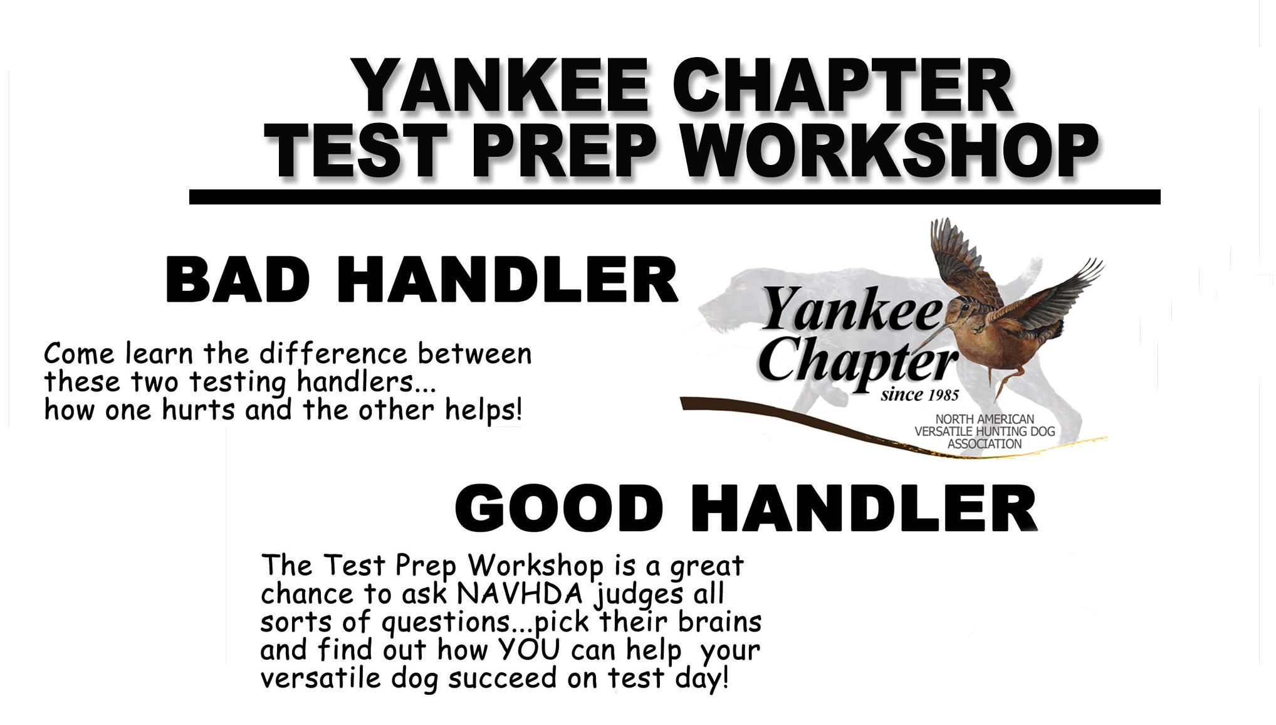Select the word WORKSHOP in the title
click(x=890, y=151)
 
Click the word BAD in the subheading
click(x=238, y=280)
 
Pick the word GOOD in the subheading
click(x=558, y=508)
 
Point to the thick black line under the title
click(x=674, y=197)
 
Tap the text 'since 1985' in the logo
click(x=919, y=394)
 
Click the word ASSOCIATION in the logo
click(x=984, y=444)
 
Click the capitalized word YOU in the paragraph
click(x=528, y=650)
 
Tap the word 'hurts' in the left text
click(x=198, y=410)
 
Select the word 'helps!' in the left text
click(x=483, y=410)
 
